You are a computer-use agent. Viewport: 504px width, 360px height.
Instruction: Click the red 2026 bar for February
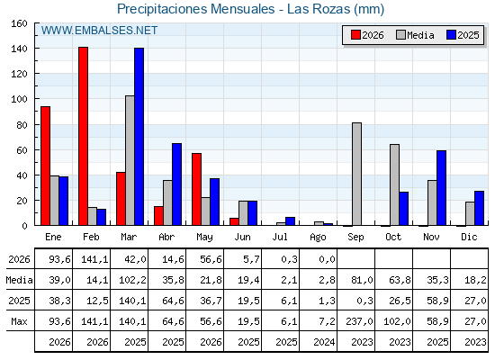(83, 136)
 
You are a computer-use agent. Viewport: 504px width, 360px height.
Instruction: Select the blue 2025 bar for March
(139, 137)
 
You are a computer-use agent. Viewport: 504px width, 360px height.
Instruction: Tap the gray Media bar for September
(356, 174)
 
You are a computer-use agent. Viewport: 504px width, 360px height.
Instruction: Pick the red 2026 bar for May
(197, 189)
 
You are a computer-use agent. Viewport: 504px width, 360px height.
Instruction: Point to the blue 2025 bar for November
(441, 188)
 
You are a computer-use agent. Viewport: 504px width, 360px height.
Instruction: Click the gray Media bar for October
(395, 184)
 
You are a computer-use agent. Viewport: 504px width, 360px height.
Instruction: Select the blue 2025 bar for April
(176, 184)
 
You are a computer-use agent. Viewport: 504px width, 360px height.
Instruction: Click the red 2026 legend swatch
(355, 35)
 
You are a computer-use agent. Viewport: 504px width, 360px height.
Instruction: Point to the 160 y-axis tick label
(20, 23)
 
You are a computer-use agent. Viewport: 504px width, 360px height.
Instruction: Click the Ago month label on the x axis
(319, 238)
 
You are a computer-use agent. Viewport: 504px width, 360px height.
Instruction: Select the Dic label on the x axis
(469, 237)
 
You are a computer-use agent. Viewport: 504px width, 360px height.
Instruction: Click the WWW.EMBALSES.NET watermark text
(99, 31)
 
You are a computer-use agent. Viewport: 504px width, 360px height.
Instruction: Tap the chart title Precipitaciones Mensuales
(196, 9)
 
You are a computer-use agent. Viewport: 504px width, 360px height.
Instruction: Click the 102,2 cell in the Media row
(133, 280)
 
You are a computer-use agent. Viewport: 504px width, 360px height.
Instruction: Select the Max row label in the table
(19, 321)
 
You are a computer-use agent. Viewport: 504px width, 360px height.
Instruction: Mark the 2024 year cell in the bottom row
(324, 342)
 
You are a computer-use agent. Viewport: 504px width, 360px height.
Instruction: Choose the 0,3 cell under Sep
(364, 301)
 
